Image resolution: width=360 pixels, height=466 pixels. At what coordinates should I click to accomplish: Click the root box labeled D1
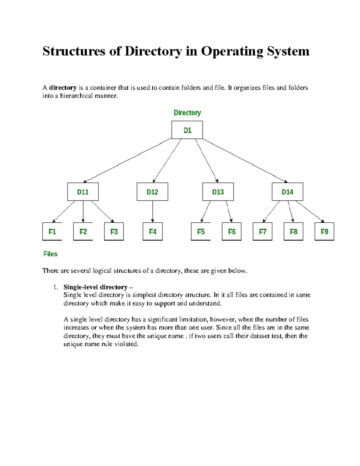[x=187, y=130]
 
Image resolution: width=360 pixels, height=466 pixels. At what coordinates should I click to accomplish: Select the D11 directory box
[x=83, y=192]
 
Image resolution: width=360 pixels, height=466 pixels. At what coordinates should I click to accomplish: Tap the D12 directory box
[x=152, y=192]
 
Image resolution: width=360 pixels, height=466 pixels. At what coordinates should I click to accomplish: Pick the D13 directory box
[x=218, y=192]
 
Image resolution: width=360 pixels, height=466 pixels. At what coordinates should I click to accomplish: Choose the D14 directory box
[x=287, y=192]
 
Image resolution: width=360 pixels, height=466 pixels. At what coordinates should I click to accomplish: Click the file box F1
[x=52, y=231]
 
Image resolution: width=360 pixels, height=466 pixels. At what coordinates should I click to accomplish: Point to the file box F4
[x=153, y=231]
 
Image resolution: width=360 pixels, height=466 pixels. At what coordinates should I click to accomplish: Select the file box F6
[x=232, y=231]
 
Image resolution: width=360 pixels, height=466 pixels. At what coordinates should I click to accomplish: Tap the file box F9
[x=324, y=231]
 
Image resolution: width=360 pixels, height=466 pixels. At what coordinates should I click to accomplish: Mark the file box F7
[x=262, y=231]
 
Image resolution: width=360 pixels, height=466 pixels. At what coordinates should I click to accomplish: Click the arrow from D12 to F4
[x=153, y=212]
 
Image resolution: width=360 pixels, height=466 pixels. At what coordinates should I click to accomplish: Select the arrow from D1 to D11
[x=127, y=161]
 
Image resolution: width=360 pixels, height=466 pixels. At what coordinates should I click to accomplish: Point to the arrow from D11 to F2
[x=83, y=212]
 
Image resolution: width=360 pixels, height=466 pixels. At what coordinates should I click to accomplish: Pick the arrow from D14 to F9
[x=310, y=212]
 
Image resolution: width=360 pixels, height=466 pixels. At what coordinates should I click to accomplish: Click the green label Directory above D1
[x=187, y=113]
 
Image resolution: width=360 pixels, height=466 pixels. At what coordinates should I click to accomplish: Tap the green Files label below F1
[x=50, y=254]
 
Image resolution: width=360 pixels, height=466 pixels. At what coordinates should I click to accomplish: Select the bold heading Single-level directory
[x=95, y=287]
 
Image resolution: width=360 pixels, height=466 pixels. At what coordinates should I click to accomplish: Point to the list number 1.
[x=55, y=287]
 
